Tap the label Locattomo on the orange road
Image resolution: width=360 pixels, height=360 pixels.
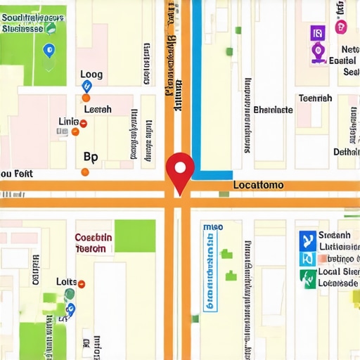point(257,186)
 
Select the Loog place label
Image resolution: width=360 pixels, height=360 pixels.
point(91,74)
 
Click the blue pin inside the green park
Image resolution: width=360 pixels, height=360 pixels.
point(48,51)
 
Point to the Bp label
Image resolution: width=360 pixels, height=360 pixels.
point(91,156)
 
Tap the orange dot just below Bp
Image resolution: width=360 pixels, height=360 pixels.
point(85,172)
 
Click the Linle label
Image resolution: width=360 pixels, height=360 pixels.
point(68,122)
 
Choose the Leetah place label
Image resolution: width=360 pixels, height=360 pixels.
point(98,110)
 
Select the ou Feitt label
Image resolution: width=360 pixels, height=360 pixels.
point(16,173)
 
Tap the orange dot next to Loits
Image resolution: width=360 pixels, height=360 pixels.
point(82,283)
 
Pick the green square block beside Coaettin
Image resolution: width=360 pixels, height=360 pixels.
point(135,236)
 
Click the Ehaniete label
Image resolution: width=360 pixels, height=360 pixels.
point(273,110)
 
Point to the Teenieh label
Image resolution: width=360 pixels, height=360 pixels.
point(315,98)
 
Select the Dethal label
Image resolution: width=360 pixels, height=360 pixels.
point(345,151)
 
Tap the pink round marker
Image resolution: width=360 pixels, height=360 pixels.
point(341,27)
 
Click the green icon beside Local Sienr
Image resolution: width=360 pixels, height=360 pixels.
point(307,278)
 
